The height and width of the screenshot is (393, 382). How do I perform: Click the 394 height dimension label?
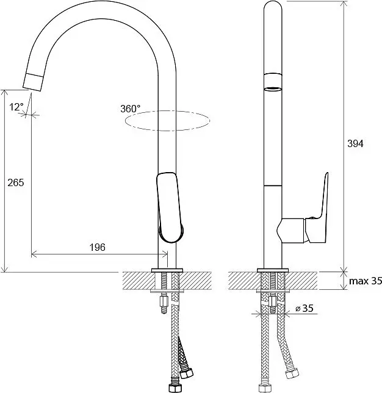355,143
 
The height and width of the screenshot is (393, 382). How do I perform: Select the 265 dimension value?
16,182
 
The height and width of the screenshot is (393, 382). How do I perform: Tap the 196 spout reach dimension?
98,247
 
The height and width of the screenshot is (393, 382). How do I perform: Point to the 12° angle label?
16,107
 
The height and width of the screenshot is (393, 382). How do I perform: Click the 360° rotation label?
131,109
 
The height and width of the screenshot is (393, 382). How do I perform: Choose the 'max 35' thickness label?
366,281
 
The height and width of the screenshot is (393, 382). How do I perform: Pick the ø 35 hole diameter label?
305,308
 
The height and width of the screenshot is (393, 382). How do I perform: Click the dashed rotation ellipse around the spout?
167,131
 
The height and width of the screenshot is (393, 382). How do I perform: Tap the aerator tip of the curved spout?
34,82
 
